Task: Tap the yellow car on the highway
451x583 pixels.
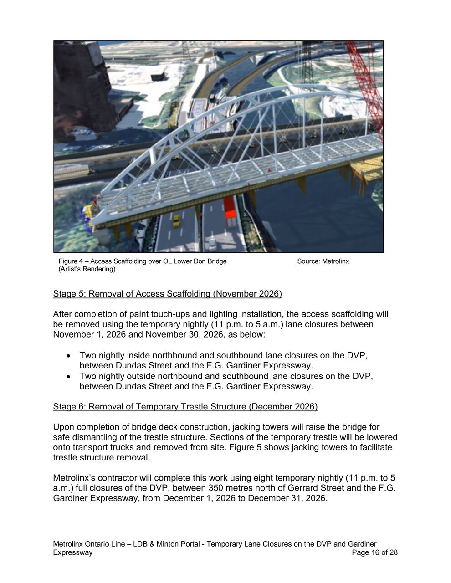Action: (x=176, y=221)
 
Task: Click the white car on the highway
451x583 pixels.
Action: (x=212, y=244)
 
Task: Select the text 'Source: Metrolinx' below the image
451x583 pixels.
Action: (x=323, y=261)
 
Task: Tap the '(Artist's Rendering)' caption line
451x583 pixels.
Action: (x=87, y=269)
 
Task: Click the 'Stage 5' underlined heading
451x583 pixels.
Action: (x=167, y=294)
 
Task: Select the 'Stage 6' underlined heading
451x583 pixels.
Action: (x=185, y=406)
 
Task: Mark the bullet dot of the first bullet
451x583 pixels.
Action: (x=68, y=356)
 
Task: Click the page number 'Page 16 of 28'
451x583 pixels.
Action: (x=374, y=552)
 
